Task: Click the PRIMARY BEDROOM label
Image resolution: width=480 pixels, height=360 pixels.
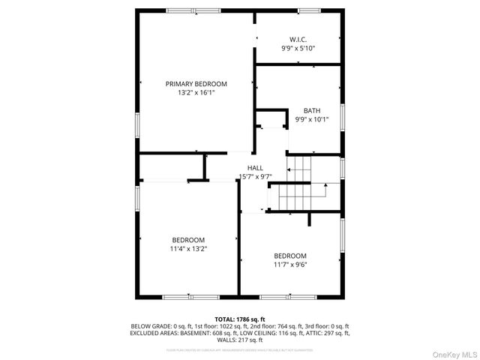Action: [x=196, y=84]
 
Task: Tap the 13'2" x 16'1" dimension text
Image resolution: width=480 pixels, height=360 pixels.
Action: [x=196, y=93]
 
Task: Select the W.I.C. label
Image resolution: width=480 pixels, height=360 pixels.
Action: [x=298, y=39]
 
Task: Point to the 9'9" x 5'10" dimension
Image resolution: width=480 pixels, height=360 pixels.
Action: [x=298, y=48]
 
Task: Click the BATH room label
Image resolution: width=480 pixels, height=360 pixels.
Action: [x=311, y=110]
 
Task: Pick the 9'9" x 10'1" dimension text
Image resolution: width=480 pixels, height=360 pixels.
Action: [x=311, y=119]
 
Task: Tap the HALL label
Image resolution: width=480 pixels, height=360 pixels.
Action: [x=255, y=167]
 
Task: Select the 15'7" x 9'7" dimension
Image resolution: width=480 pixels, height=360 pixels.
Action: [x=255, y=176]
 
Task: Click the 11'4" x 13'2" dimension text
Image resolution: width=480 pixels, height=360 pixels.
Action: [x=189, y=248]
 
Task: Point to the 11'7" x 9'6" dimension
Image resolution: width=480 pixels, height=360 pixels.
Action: [x=289, y=264]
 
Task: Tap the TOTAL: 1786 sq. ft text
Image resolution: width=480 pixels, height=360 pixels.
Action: [x=240, y=319]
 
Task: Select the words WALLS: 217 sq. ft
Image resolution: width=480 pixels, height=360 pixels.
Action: [x=240, y=340]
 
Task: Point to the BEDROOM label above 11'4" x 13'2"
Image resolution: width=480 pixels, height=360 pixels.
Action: [x=189, y=239]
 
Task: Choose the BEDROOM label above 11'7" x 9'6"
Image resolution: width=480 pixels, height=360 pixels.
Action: [x=289, y=255]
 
